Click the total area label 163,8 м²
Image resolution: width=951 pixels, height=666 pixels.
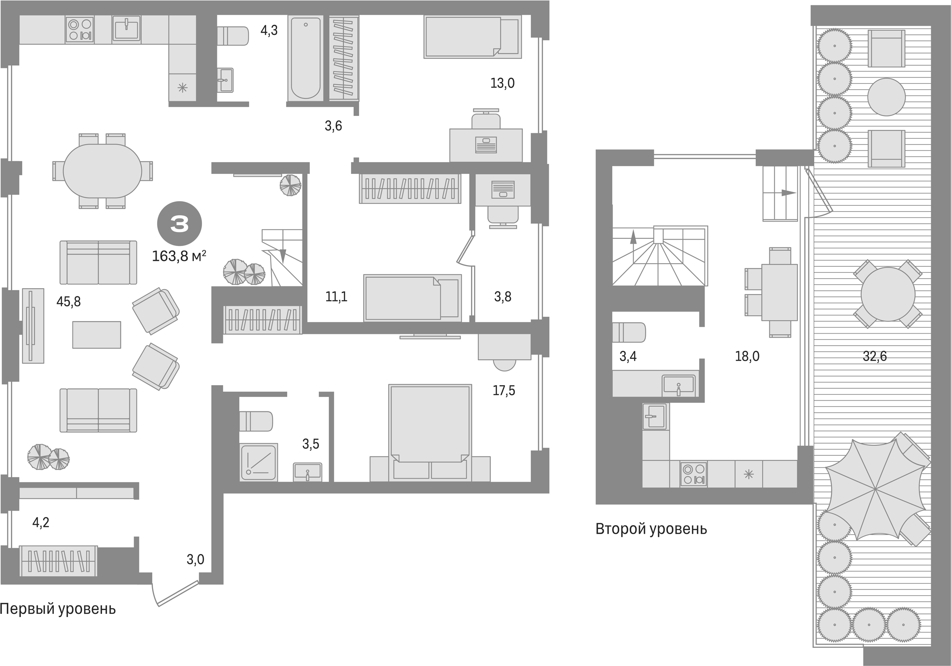179,256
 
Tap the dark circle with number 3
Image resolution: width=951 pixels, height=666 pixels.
179,224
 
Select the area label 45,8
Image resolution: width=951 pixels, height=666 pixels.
68,301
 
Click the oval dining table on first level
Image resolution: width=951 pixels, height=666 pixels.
102,171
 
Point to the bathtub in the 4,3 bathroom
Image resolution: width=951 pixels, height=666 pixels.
306,58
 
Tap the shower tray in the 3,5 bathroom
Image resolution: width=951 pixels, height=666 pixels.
258,462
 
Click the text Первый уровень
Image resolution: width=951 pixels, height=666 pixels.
58,609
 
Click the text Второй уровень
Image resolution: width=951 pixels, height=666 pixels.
651,529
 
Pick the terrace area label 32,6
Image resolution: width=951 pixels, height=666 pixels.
874,357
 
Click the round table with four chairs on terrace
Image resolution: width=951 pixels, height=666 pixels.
888,294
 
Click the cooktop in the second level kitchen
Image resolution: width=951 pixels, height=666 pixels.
694,474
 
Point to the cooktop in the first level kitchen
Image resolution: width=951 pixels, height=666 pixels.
79,29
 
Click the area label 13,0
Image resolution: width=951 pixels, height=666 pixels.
502,83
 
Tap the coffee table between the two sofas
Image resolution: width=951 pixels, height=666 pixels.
96,335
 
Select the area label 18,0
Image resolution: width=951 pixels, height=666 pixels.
747,357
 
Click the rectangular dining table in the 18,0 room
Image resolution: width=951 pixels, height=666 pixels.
779,293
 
